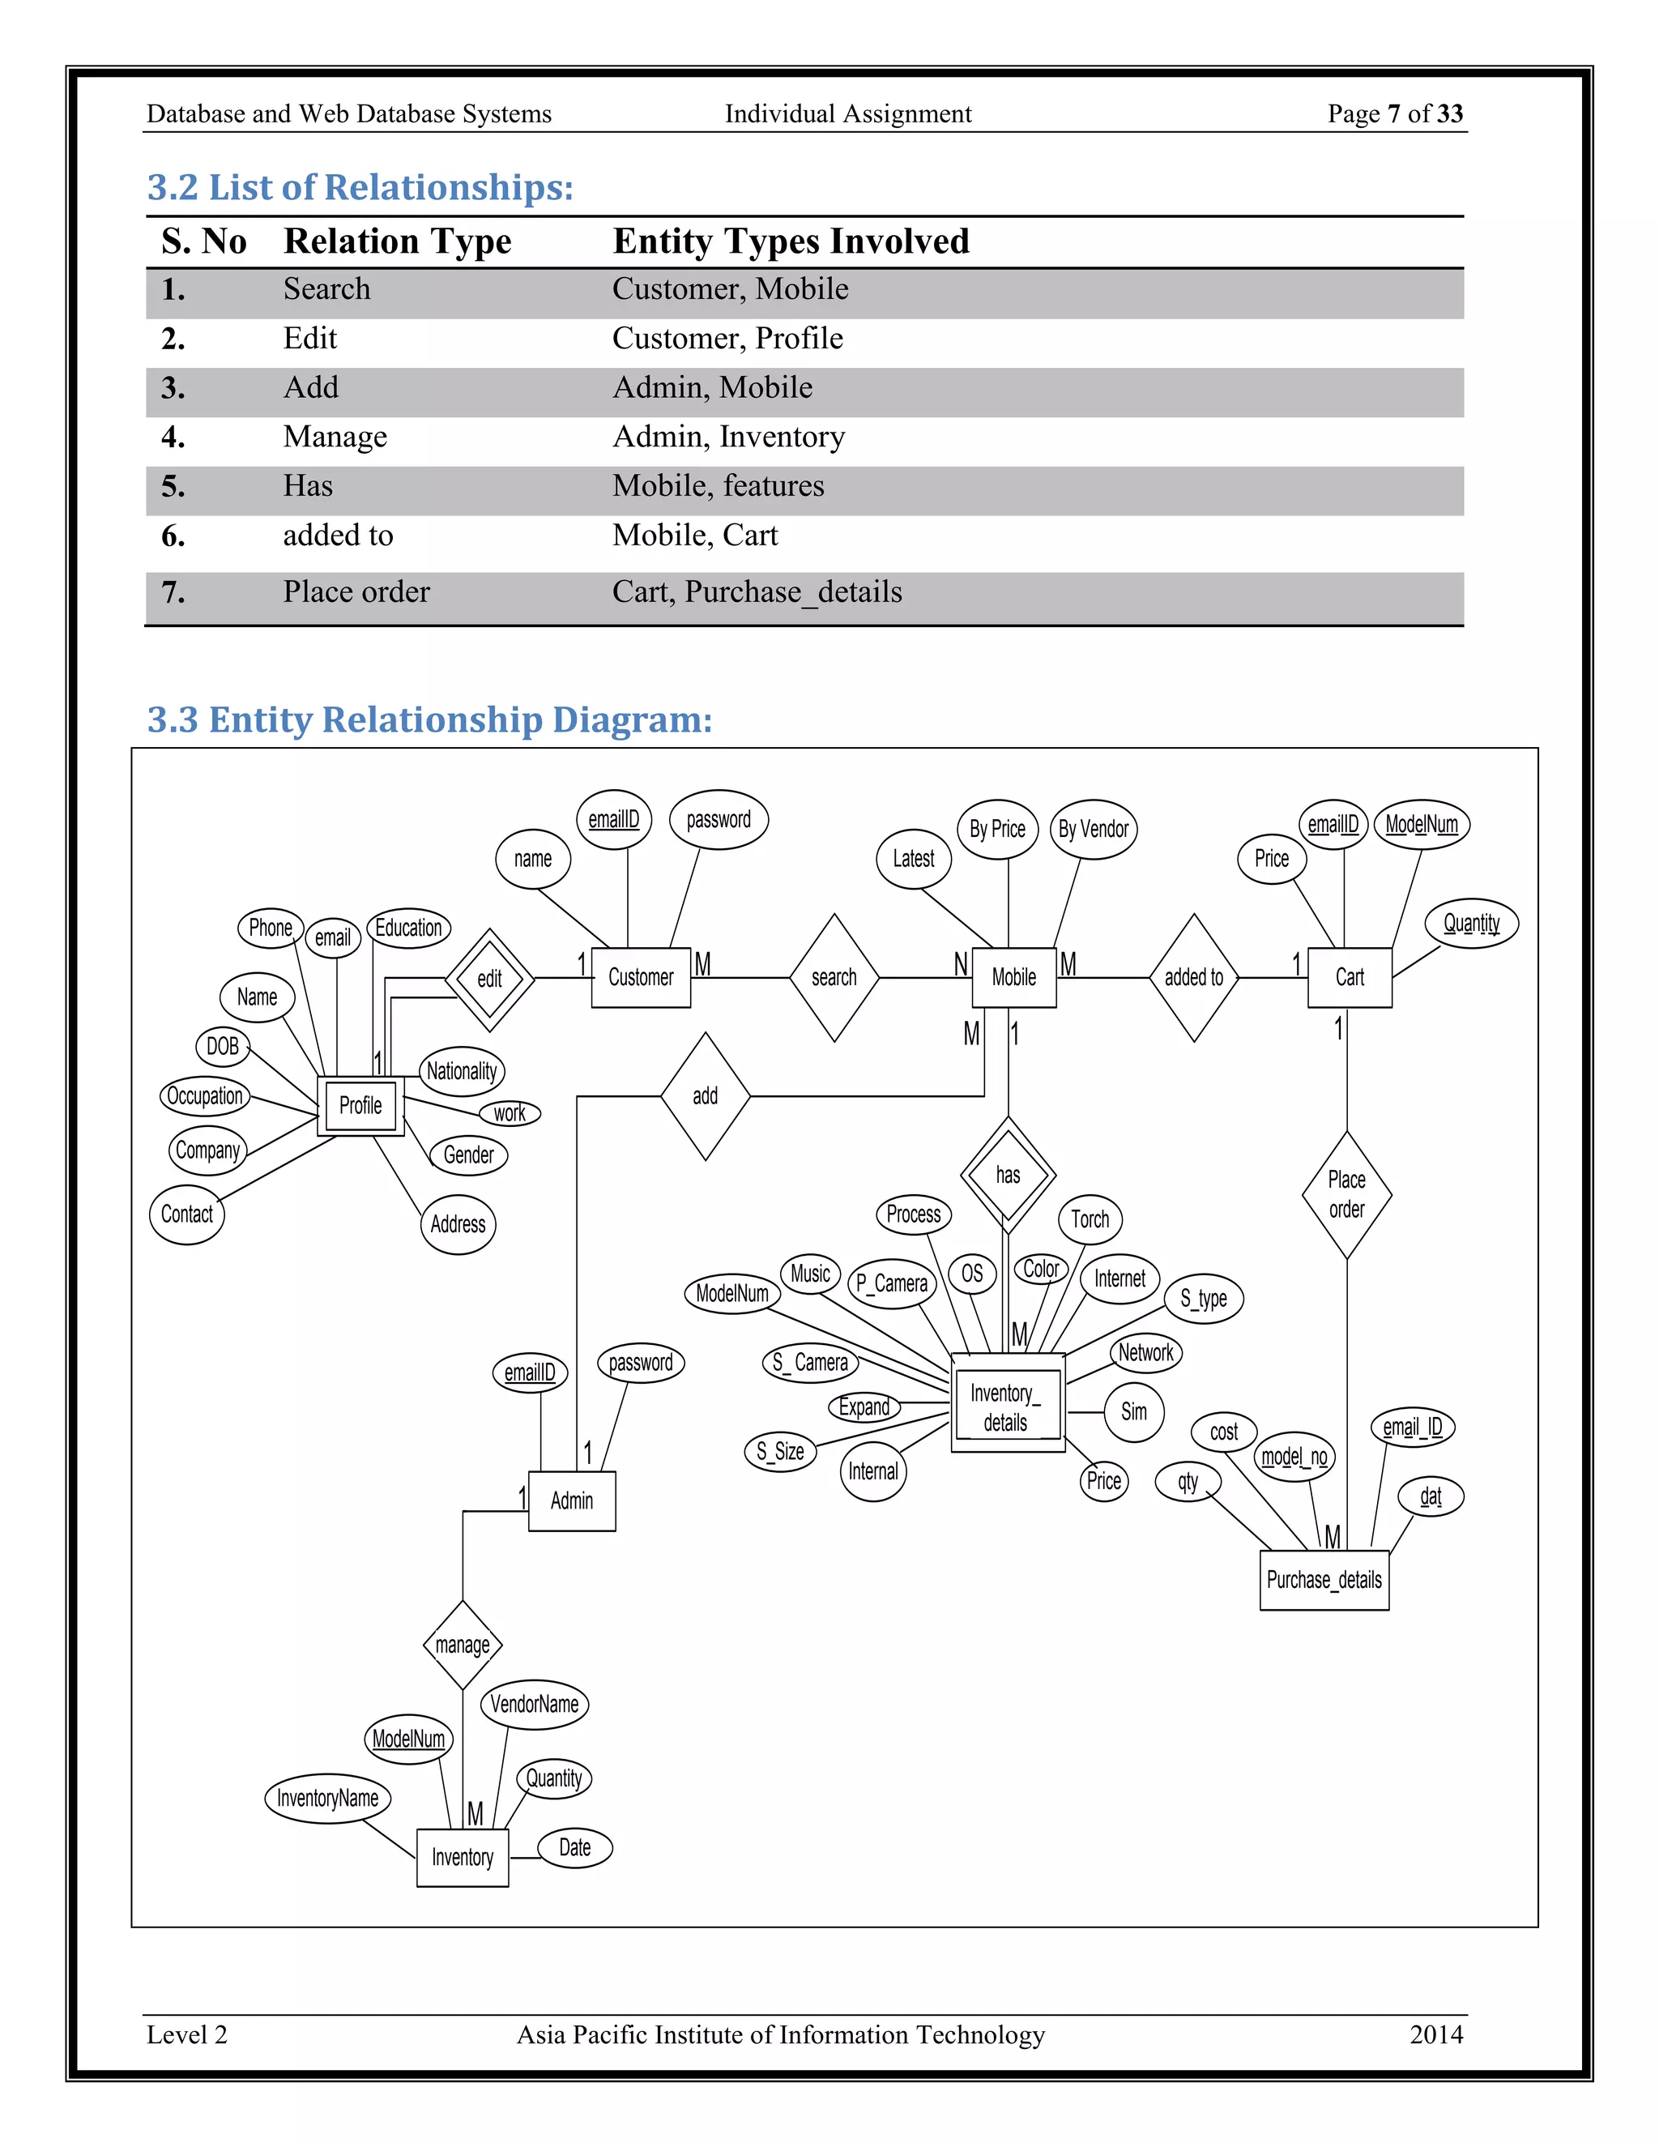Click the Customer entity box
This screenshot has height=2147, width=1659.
pos(641,977)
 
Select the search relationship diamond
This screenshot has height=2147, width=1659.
pos(834,977)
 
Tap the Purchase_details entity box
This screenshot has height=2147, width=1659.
pos(1324,1580)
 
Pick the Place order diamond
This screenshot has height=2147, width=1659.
pos(1346,1194)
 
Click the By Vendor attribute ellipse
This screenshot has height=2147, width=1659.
pos(1093,830)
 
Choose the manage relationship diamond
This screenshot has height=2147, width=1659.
pos(462,1645)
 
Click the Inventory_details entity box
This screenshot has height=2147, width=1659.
pos(1006,1408)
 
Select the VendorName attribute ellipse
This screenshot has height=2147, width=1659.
pos(534,1704)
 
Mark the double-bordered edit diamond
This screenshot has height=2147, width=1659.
pos(489,980)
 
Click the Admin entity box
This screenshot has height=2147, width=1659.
pos(572,1501)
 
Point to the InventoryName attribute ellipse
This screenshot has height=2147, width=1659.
pos(327,1798)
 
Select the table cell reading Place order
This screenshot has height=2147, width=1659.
pos(356,591)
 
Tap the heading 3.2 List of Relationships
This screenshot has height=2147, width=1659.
pos(360,187)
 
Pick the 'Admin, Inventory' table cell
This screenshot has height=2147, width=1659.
pos(728,437)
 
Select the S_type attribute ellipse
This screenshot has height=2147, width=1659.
pos(1204,1299)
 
